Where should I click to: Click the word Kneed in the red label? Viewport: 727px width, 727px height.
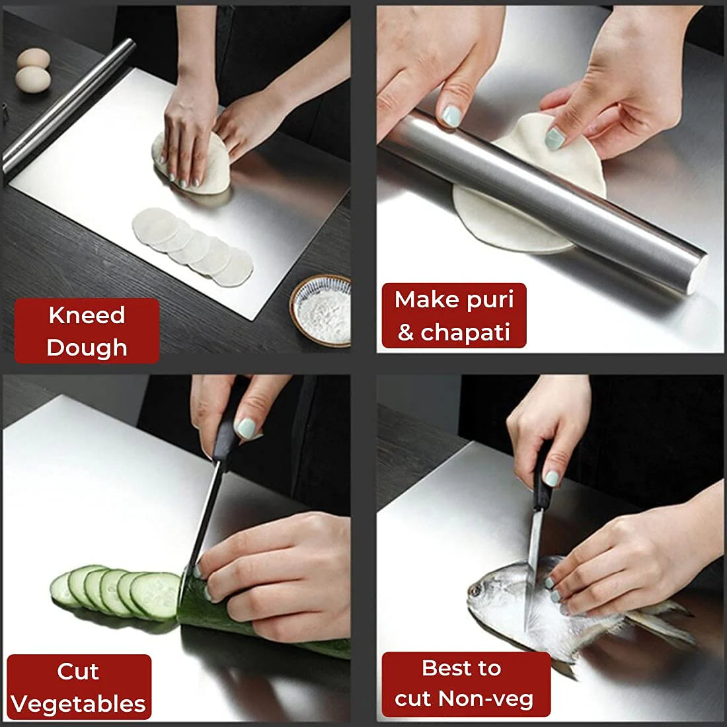pos(87,315)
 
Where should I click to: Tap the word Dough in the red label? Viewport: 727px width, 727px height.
pos(87,348)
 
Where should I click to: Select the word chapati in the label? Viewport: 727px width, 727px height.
pos(465,332)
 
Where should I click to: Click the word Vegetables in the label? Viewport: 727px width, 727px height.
pos(78,705)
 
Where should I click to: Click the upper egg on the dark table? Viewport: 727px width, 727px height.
pos(33,58)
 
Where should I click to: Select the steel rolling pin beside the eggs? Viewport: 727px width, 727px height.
pos(66,106)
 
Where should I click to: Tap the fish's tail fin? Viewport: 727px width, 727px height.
pos(661,621)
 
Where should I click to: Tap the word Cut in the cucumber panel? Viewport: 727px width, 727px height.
pos(78,671)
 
